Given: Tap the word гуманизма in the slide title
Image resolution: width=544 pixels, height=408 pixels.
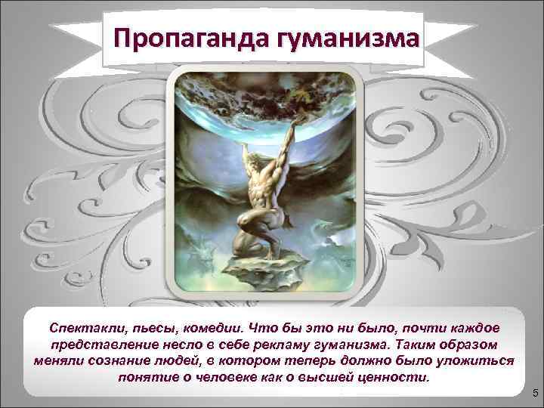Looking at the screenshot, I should [x=347, y=36].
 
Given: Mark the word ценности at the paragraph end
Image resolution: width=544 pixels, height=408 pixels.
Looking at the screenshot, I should [x=390, y=377].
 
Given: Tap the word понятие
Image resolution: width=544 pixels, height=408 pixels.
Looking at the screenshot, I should [x=145, y=377].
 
